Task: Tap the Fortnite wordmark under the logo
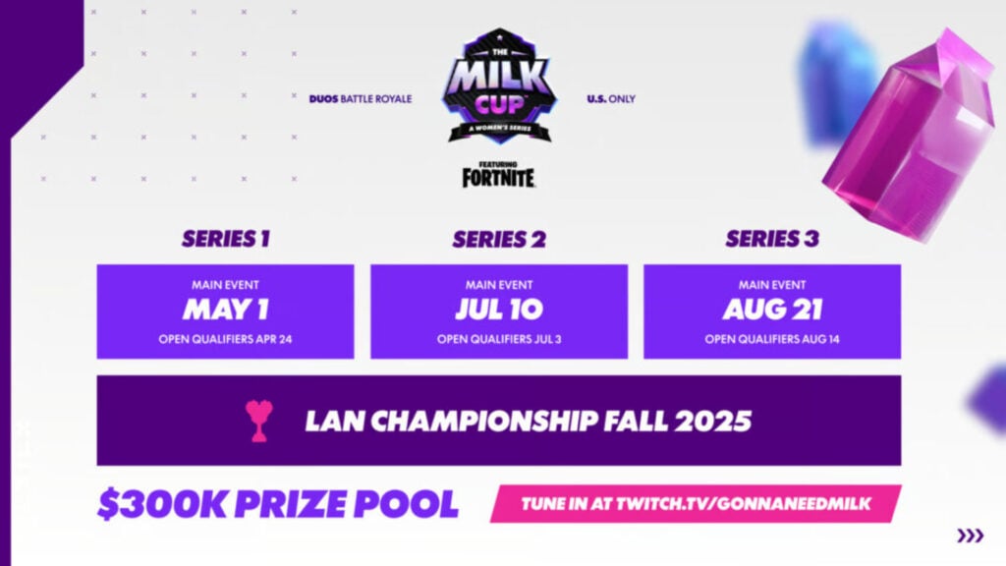[499, 176]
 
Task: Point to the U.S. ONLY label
[611, 99]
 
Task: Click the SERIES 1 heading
[225, 239]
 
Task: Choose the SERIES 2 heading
[498, 239]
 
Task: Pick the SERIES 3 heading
[771, 239]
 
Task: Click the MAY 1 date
[225, 310]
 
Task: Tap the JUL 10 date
[498, 310]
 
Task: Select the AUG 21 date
[772, 310]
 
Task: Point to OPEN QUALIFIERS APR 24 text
[225, 339]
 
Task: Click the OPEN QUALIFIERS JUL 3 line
[498, 339]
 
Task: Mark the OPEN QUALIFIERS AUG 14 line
[772, 339]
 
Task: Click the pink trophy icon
[259, 421]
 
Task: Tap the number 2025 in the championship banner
[712, 421]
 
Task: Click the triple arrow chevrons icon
[970, 536]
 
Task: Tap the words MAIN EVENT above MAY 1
[225, 285]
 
